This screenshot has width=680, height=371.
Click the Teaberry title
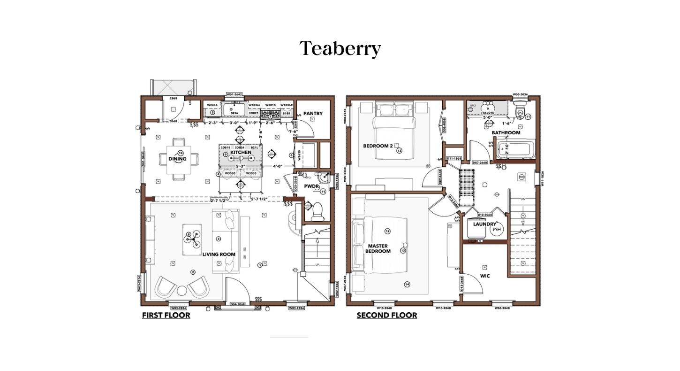(x=340, y=48)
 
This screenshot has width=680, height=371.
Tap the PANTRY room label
(x=313, y=113)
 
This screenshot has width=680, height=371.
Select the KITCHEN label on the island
(x=241, y=152)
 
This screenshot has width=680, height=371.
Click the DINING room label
(x=177, y=159)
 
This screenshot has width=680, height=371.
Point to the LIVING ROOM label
(x=219, y=254)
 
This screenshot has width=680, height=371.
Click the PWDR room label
(x=311, y=186)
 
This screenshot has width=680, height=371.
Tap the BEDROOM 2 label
(x=378, y=146)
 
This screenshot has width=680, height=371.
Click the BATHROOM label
(x=506, y=132)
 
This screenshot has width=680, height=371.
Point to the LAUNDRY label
(x=484, y=224)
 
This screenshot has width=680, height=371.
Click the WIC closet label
(x=485, y=276)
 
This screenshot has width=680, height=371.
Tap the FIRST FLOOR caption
(x=166, y=315)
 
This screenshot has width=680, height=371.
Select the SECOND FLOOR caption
(x=386, y=315)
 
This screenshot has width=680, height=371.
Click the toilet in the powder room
(x=317, y=211)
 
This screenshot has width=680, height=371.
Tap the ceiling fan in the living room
(x=192, y=239)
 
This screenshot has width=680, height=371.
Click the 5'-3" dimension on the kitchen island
(x=241, y=166)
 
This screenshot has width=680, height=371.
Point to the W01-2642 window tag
(x=234, y=94)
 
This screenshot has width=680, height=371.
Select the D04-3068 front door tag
(x=238, y=304)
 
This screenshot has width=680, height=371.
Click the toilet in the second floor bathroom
(x=520, y=111)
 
